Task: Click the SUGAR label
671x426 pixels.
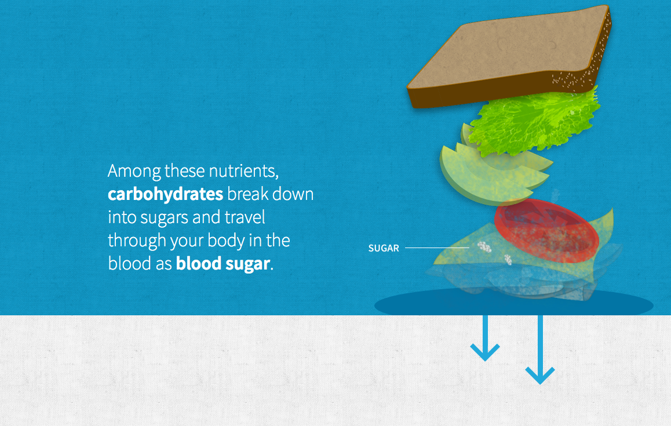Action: click(384, 248)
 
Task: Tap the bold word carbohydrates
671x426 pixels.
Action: click(165, 194)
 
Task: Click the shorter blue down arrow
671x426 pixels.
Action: click(485, 338)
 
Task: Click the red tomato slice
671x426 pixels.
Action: click(546, 230)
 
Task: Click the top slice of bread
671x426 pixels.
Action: click(509, 56)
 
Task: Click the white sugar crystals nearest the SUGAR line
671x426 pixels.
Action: click(484, 246)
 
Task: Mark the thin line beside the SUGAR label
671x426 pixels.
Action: click(437, 247)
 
